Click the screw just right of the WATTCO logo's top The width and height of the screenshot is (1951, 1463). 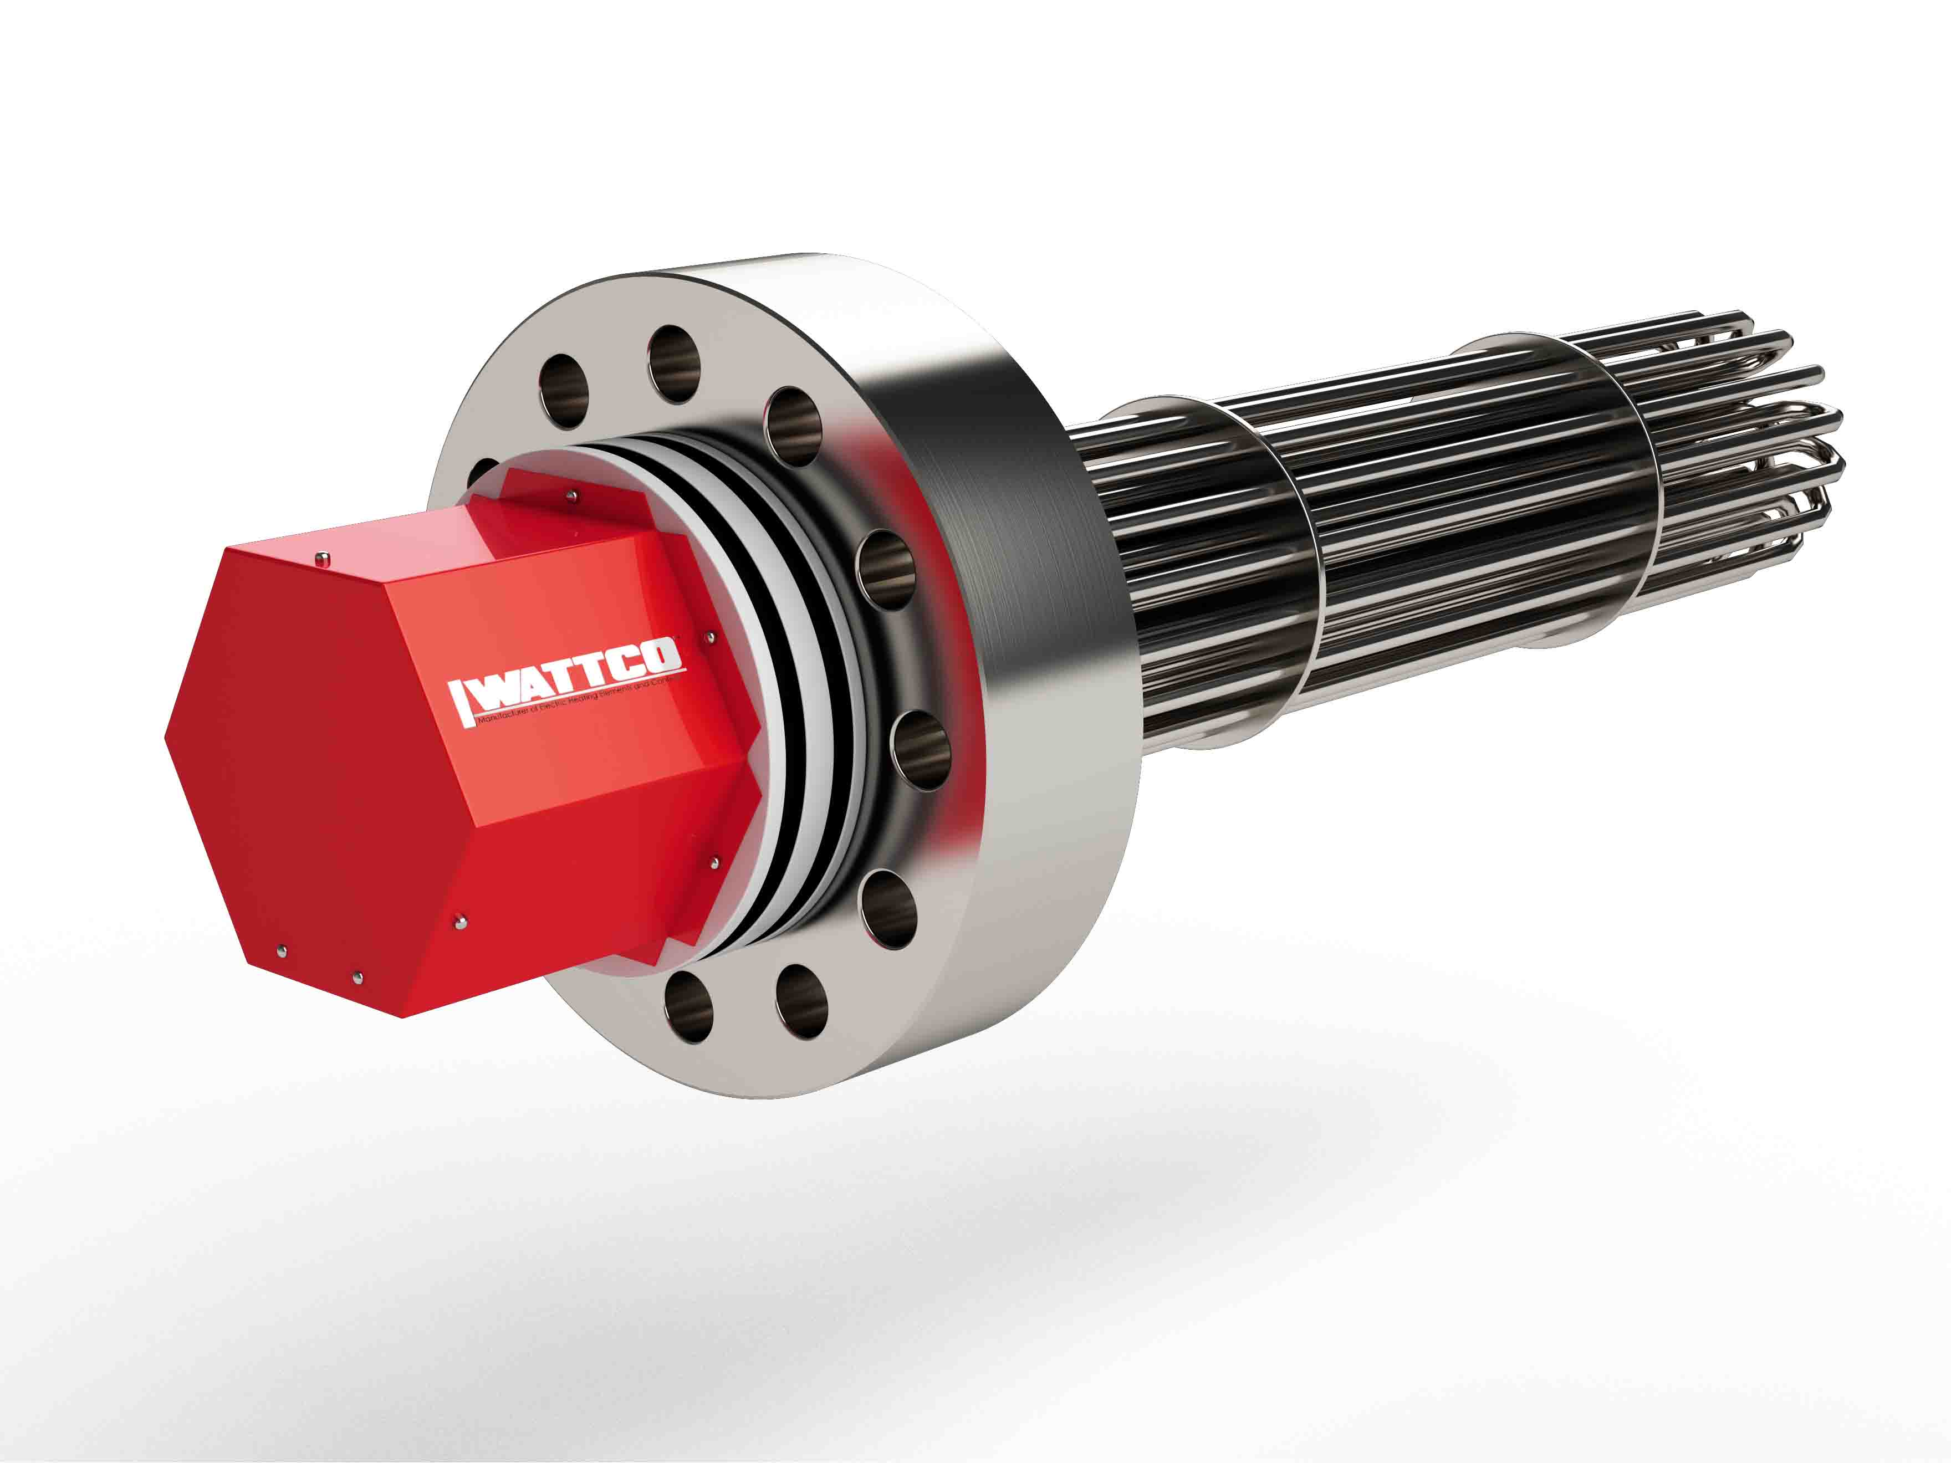tap(711, 634)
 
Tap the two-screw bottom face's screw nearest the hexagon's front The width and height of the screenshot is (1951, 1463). tap(280, 950)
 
